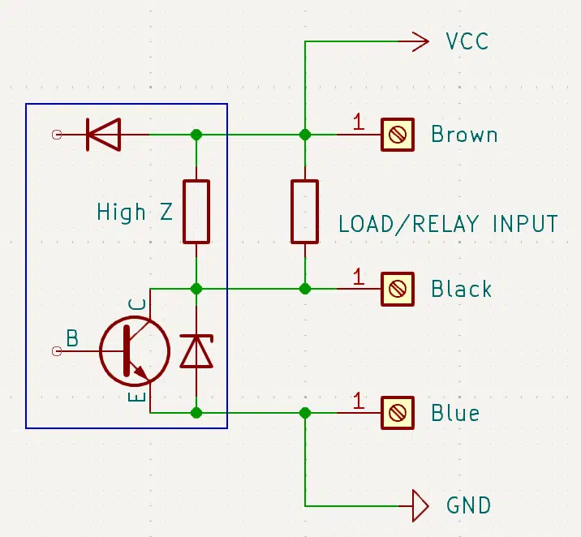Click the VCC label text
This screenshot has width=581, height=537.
coord(467,41)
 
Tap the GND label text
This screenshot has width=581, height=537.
coord(469,505)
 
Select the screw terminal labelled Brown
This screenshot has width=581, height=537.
coord(398,135)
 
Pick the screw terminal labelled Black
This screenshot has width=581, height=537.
coord(398,289)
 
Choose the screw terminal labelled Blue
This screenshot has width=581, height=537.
coord(398,413)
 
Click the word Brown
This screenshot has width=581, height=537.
coord(464,134)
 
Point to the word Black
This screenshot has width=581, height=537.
coord(462,289)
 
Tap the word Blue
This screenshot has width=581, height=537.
coord(455,413)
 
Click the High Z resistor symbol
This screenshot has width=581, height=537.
coord(196,212)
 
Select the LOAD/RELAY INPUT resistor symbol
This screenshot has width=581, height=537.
coord(304,212)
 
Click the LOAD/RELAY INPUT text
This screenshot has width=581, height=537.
coord(449,224)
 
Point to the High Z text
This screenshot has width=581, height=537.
coord(135,212)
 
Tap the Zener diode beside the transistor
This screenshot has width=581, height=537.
coord(196,350)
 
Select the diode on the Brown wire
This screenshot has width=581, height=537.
coord(103,135)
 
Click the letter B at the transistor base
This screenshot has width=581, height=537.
coord(72,337)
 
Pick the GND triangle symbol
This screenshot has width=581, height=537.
coord(420,506)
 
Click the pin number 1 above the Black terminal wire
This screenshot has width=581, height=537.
coord(358,277)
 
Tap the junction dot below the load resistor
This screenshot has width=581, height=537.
coord(304,289)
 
